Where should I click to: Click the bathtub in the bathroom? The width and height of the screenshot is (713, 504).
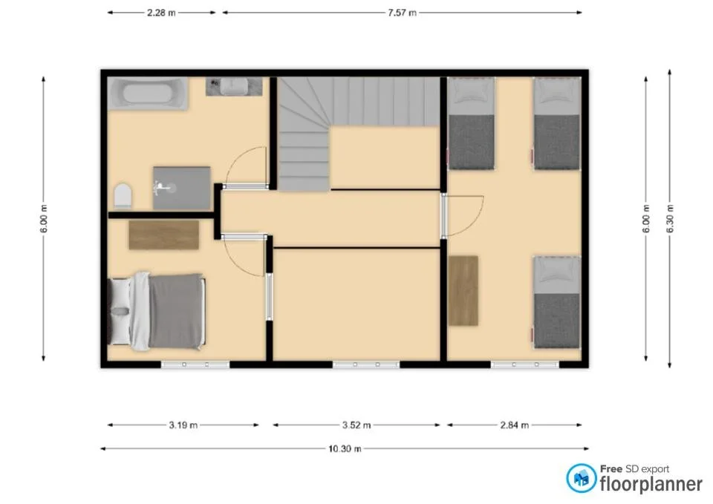coord(147,94)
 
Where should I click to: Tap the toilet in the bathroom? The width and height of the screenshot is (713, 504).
coord(123,197)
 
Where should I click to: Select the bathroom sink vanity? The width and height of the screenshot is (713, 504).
coord(235,86)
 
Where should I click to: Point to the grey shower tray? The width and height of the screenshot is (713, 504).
coord(182,188)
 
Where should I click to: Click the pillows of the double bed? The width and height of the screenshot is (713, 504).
coord(120,311)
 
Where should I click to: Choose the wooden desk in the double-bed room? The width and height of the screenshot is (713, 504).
coord(163,235)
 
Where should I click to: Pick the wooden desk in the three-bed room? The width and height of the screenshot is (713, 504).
coord(463,290)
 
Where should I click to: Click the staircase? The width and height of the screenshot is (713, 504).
coord(349,111)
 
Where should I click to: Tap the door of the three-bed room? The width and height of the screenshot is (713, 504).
coord(444,216)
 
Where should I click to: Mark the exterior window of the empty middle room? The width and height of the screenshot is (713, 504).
coord(366,364)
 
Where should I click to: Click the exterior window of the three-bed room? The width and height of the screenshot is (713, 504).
coord(524,364)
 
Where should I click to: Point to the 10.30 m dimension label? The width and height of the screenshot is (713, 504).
coord(345,448)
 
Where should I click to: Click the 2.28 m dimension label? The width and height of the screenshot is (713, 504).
coord(161,13)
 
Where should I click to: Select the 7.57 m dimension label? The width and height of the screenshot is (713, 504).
coord(401,13)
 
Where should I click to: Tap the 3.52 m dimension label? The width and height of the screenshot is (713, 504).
coord(356,425)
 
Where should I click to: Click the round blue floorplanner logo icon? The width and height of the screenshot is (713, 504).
coord(581,477)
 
